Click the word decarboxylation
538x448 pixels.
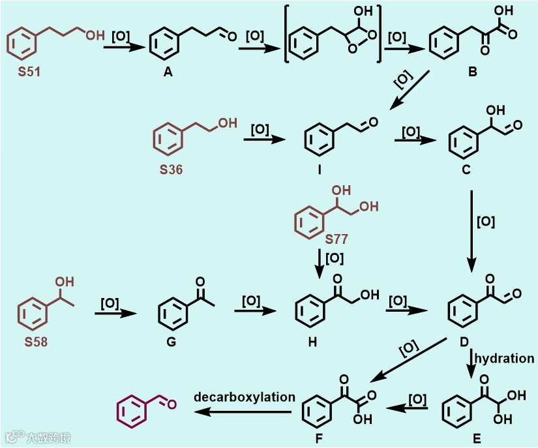pos(245,396)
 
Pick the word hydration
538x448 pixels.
pos(504,358)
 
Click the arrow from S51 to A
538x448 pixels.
pos(122,47)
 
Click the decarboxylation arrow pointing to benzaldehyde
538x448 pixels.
pos(245,411)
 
